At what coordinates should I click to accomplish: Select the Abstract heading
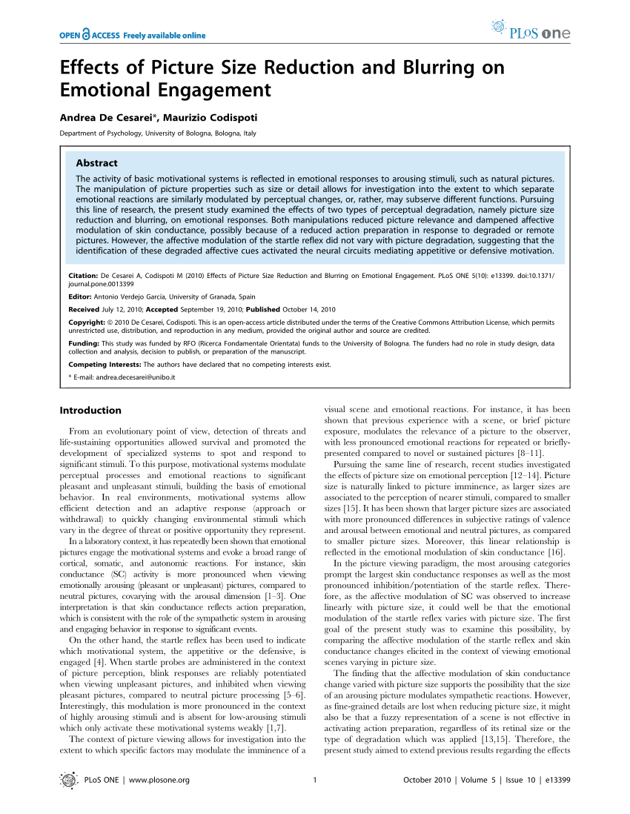[x=96, y=163]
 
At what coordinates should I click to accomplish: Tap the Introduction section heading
[x=90, y=410]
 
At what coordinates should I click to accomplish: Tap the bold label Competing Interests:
[x=105, y=365]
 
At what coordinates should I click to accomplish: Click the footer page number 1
[x=315, y=779]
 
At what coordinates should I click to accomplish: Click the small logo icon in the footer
[x=68, y=779]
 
